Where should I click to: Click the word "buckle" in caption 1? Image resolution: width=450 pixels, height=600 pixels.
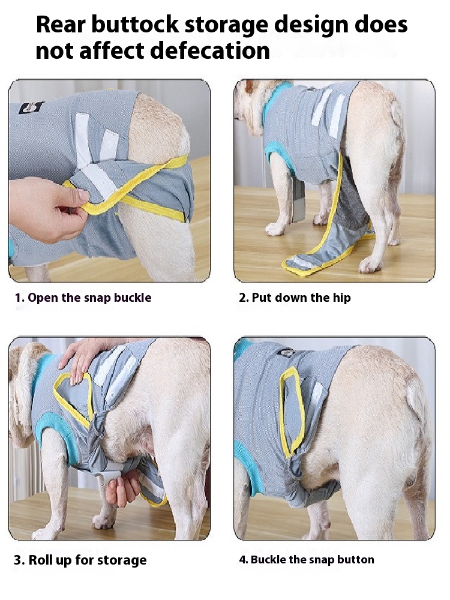pos(133,298)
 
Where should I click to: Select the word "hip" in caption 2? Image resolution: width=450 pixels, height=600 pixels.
pos(342,298)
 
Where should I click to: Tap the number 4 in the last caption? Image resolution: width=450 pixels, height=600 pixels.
pos(242,560)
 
